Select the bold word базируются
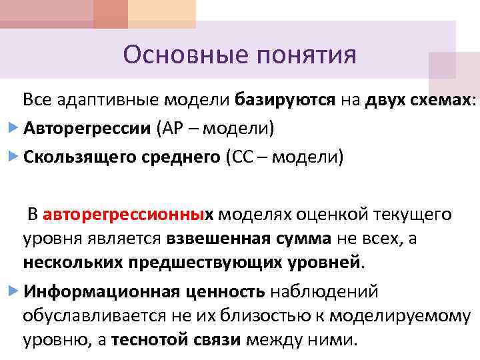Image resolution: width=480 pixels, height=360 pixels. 285,100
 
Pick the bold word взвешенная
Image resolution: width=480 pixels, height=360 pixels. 215,238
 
